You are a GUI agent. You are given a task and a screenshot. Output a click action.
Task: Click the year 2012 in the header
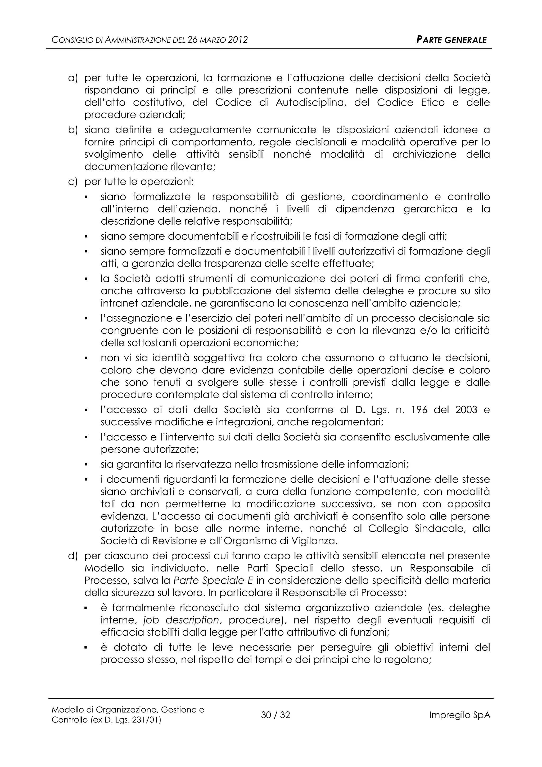(238, 40)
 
